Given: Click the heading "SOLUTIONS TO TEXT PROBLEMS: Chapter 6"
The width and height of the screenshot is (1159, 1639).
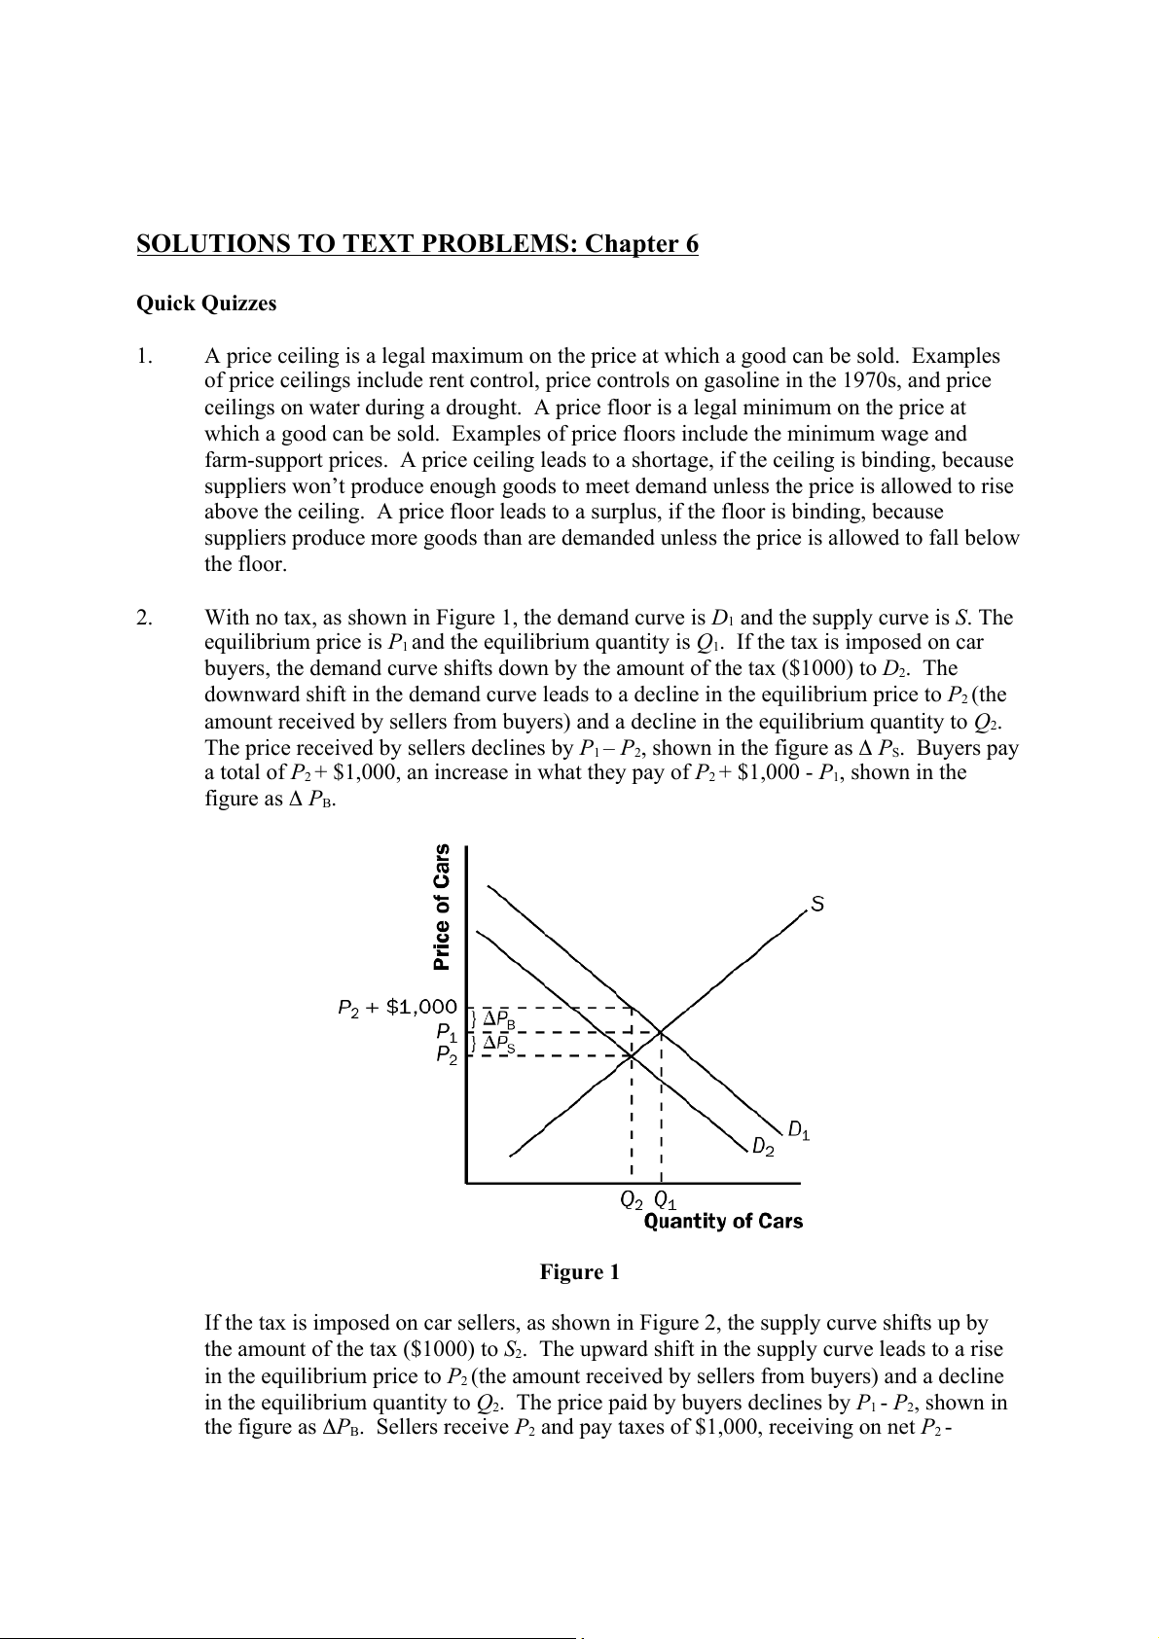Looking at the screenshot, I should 417,244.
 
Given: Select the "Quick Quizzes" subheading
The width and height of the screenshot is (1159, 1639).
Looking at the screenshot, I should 206,303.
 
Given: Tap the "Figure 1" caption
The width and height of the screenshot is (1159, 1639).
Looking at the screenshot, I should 580,1272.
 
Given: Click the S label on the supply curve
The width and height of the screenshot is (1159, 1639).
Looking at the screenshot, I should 817,905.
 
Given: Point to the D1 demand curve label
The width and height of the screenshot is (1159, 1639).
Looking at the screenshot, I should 799,1130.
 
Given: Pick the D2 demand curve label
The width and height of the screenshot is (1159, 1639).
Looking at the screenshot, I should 764,1148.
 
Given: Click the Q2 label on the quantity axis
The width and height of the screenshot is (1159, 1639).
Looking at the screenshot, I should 632,1199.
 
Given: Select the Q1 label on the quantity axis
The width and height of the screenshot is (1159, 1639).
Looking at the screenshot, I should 666,1199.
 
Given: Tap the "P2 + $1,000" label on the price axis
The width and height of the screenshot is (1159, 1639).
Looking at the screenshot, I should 396,1008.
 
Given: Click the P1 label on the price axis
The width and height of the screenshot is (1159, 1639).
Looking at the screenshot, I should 447,1031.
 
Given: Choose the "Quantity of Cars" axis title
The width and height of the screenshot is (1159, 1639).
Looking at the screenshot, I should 723,1222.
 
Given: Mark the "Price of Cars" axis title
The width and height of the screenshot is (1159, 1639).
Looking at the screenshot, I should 443,907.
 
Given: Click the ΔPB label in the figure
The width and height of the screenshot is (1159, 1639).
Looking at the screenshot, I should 499,1019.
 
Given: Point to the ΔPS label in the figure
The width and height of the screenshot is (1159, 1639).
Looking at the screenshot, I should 499,1043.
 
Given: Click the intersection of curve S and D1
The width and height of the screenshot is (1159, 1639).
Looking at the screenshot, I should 661,1031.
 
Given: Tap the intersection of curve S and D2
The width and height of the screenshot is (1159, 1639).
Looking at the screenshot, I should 632,1055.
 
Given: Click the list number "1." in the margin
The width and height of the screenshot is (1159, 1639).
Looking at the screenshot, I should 144,356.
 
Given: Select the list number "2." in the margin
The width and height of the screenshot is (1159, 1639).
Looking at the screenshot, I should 144,618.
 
